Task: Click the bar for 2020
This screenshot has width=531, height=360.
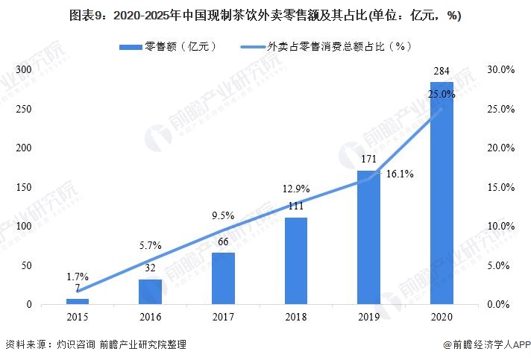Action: [442, 194]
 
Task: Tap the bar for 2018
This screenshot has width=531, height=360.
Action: [296, 261]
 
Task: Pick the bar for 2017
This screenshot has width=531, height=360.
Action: [223, 278]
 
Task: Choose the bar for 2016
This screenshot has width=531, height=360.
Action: [150, 291]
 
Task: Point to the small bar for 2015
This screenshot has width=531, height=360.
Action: [77, 301]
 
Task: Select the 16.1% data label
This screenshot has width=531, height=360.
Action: [400, 174]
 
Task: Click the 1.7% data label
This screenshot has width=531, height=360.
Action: [77, 276]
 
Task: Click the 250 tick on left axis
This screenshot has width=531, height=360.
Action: [25, 109]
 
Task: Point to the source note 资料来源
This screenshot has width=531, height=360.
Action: [95, 345]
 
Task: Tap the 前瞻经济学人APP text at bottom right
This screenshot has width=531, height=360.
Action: [486, 345]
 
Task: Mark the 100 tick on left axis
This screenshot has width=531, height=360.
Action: [25, 226]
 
